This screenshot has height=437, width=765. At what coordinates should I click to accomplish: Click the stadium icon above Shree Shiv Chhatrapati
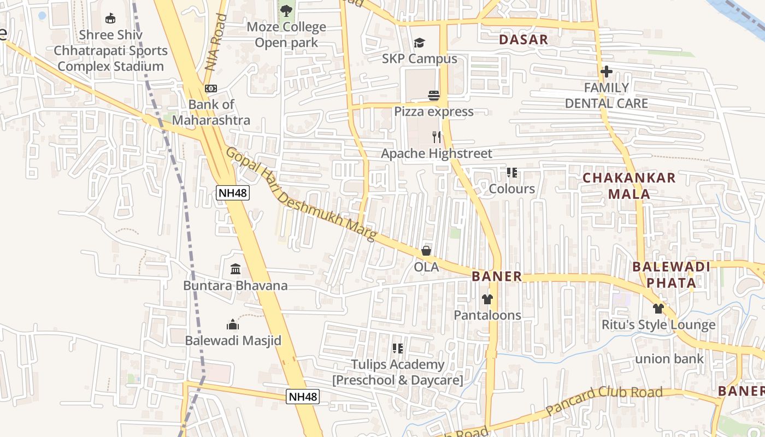pyautogui.click(x=110, y=19)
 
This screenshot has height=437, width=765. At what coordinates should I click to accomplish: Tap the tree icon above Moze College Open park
pyautogui.click(x=286, y=10)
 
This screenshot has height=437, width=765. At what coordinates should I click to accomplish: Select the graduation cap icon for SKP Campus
pyautogui.click(x=419, y=43)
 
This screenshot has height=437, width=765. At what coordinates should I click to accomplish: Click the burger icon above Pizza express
pyautogui.click(x=434, y=96)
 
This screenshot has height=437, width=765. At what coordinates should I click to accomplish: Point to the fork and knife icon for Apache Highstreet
pyautogui.click(x=436, y=137)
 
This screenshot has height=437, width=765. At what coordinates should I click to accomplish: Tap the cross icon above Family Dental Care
pyautogui.click(x=606, y=72)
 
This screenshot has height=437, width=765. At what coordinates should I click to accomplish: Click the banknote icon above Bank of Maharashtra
pyautogui.click(x=211, y=88)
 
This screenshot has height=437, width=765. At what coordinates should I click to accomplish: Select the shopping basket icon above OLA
pyautogui.click(x=426, y=251)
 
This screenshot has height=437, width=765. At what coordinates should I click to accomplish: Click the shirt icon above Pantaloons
pyautogui.click(x=487, y=299)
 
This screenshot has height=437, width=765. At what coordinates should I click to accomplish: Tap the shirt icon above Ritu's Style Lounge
pyautogui.click(x=658, y=309)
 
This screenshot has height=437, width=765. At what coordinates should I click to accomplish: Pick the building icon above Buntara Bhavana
pyautogui.click(x=235, y=269)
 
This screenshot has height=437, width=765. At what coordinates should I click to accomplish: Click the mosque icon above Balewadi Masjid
pyautogui.click(x=233, y=324)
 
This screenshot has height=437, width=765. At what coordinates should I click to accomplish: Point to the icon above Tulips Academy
pyautogui.click(x=398, y=348)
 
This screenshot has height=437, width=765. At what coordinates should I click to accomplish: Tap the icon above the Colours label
pyautogui.click(x=512, y=173)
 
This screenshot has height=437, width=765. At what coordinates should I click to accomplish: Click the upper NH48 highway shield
pyautogui.click(x=233, y=192)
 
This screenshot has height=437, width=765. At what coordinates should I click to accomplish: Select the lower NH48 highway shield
pyautogui.click(x=303, y=397)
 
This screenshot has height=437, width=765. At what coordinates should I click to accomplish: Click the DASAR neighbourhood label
pyautogui.click(x=523, y=39)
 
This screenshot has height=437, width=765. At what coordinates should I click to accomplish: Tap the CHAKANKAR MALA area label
pyautogui.click(x=629, y=186)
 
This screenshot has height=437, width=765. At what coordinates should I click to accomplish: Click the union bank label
pyautogui.click(x=669, y=359)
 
